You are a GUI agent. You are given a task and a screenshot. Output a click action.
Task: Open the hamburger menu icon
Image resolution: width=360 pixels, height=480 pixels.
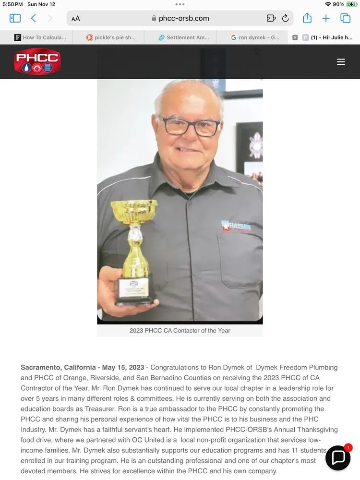341,62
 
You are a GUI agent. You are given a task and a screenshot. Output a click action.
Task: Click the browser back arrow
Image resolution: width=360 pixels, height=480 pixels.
33,18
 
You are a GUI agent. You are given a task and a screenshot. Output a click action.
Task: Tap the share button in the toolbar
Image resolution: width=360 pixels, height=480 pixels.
307,18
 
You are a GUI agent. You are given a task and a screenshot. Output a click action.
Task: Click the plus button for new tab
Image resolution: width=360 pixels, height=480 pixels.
326,18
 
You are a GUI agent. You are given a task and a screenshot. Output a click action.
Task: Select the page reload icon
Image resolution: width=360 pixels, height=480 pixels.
285,18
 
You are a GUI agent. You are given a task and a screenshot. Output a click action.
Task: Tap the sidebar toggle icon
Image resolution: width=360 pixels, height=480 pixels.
15,18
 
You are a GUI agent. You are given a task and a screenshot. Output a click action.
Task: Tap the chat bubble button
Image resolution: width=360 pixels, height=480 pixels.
338,457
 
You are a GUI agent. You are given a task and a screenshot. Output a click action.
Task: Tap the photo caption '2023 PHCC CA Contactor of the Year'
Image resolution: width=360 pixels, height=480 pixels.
180,331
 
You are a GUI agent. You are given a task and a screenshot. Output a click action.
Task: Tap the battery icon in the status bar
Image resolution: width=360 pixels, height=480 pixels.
352,4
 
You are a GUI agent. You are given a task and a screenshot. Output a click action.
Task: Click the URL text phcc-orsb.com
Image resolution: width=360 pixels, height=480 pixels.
184,18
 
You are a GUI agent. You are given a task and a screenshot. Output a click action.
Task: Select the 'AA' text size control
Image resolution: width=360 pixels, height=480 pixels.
76,19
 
